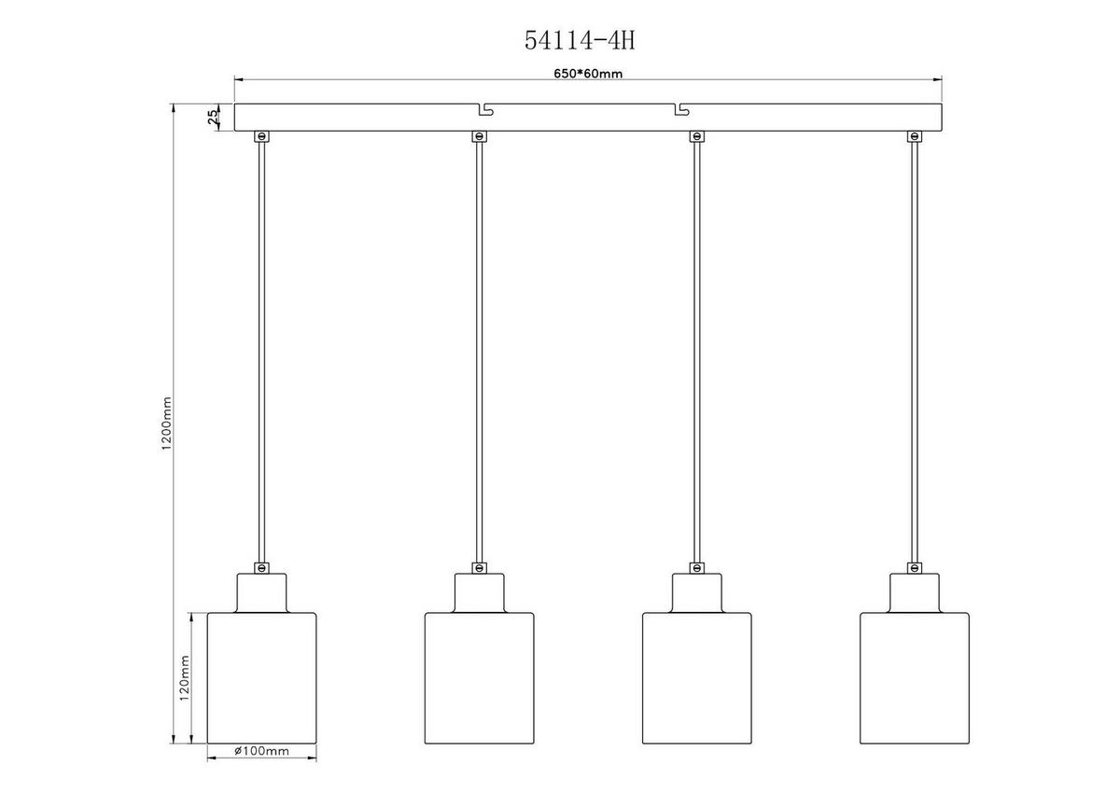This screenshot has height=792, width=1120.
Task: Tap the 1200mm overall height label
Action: pos(167,424)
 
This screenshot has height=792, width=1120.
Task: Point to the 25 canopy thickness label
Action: pos(213,117)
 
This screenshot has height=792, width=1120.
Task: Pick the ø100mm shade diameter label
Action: pos(261,751)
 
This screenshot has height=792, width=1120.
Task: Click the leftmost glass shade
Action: pos(260,677)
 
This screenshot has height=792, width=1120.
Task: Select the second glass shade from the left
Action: pos(479,677)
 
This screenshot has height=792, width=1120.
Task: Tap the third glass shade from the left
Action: pos(696,677)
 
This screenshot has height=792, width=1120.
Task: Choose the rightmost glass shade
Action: pos(914,677)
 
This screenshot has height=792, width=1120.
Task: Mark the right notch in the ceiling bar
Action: pos(681,110)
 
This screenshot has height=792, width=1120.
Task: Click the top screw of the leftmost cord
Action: pos(261,137)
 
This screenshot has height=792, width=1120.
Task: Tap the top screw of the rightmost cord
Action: pos(914,137)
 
